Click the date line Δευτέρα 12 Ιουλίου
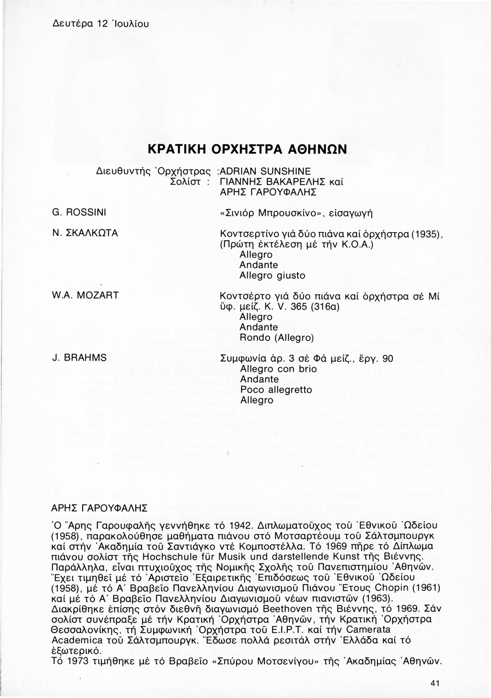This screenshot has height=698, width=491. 93,24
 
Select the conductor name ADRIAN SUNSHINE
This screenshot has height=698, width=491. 266,171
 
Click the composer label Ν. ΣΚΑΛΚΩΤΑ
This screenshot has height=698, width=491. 85,233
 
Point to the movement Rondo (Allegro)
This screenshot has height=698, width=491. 277,337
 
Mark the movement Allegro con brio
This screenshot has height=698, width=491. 276,369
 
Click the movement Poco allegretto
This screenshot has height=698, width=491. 276,390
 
